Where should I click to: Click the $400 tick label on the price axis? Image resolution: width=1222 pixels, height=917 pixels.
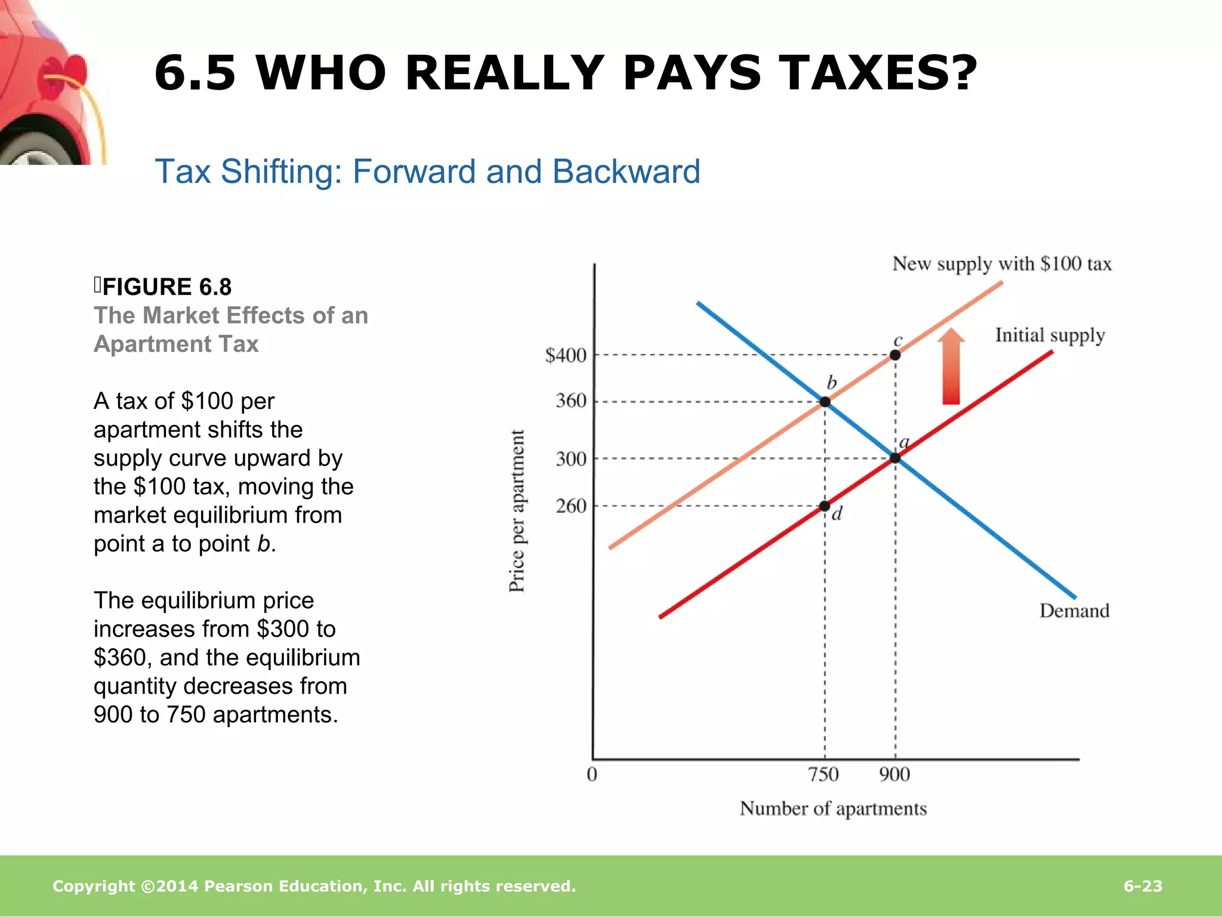coord(566,355)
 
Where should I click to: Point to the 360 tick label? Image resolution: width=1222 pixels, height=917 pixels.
coord(571,401)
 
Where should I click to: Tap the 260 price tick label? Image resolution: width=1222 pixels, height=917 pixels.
coord(571,506)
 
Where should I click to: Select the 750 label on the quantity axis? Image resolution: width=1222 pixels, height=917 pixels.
coord(823,774)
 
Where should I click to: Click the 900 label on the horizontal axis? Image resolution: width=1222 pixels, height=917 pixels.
coord(894,774)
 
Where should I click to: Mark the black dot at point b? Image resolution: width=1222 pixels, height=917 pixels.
coord(825,402)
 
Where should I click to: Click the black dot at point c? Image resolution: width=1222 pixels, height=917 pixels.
coord(895,355)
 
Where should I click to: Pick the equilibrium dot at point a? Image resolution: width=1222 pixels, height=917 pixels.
coord(895,458)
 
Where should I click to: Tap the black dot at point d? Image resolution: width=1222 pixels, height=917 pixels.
coord(825,506)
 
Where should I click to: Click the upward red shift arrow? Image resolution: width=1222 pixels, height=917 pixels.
coord(951,367)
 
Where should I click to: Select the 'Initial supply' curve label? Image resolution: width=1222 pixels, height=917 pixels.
coord(1050,336)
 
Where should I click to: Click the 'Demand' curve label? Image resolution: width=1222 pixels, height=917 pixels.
coord(1074,611)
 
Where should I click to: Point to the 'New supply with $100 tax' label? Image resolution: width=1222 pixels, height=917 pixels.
coord(1002,264)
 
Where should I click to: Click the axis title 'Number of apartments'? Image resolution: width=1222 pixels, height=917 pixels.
coord(833,808)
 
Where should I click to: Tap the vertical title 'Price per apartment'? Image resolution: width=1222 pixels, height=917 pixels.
coord(517,511)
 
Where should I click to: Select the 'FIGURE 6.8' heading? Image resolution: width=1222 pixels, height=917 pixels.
coord(166,287)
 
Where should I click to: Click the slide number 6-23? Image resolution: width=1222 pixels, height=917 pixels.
coord(1143,886)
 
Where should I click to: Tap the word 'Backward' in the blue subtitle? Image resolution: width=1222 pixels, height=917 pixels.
coord(626,172)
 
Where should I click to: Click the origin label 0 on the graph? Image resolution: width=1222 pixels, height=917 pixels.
coord(592,774)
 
